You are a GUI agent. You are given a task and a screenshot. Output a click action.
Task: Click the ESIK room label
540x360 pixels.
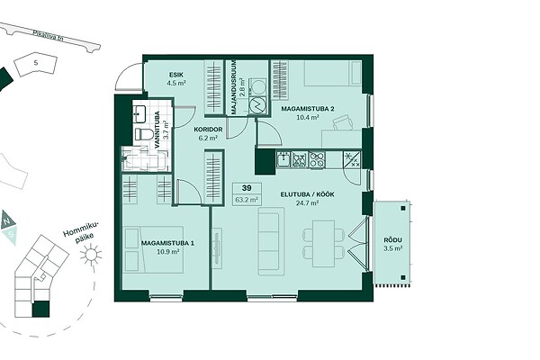click(x=176, y=75)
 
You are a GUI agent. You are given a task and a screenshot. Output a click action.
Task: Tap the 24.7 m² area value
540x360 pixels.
click(x=307, y=202)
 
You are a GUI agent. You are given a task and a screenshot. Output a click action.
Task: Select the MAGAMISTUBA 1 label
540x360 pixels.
click(x=167, y=243)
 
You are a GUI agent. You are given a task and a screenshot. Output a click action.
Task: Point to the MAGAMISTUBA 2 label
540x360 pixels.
click(x=308, y=109)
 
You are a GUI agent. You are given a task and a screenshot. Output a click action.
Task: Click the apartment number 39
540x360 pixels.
click(x=247, y=188)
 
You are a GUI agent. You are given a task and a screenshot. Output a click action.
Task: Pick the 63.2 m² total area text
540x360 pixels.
click(x=247, y=200)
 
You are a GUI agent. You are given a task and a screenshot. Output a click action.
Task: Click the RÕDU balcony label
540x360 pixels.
click(x=393, y=240)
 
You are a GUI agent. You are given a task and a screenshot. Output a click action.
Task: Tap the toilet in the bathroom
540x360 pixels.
click(x=144, y=134)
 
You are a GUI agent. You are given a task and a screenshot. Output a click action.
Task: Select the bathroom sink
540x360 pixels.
click(x=139, y=113)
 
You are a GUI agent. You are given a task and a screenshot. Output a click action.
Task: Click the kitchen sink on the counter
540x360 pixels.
click(x=283, y=159)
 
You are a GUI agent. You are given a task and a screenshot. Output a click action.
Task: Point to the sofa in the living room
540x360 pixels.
click(x=272, y=241)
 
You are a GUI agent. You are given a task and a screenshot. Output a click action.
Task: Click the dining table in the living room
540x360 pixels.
click(x=323, y=244)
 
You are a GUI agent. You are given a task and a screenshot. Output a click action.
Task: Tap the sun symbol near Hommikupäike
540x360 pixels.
click(x=91, y=254)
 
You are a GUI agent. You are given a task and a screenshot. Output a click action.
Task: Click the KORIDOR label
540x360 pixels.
click(x=208, y=130)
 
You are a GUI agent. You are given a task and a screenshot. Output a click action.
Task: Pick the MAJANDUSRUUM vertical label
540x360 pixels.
click(x=234, y=87)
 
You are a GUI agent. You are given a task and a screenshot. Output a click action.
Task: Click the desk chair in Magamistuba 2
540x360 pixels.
click(x=343, y=122)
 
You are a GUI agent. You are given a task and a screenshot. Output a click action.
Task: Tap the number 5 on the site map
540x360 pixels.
click(x=36, y=63)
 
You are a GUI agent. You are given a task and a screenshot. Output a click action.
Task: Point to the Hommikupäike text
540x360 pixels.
click(x=81, y=233)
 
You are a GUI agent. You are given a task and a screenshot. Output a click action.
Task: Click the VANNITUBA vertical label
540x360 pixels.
click(x=157, y=130)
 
